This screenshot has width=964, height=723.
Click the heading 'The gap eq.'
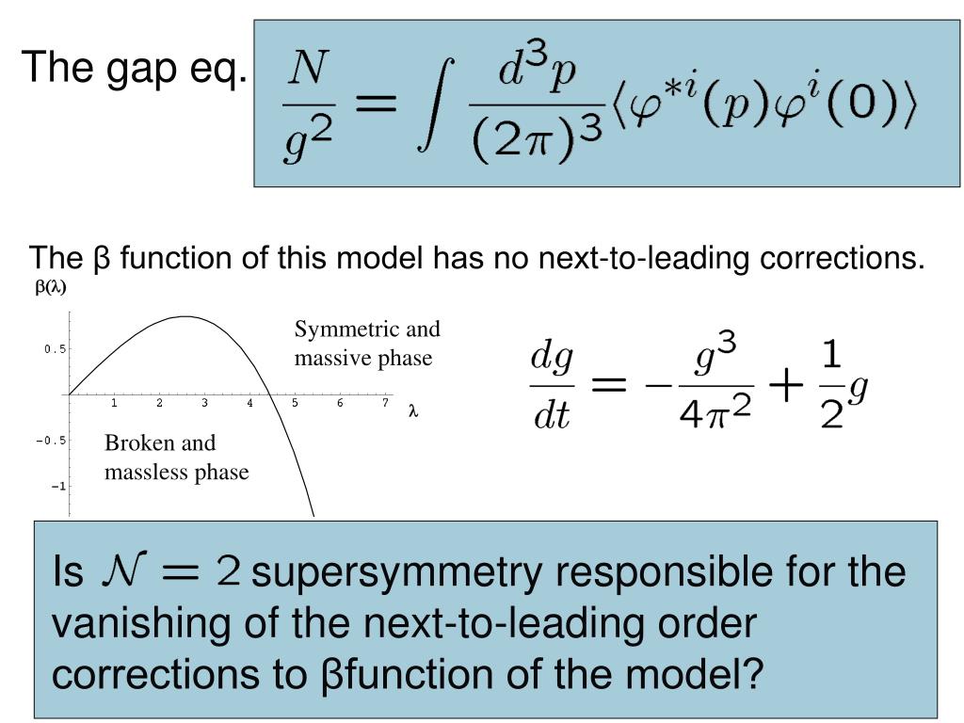pos(135,69)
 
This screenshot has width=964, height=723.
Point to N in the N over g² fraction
pos(308,69)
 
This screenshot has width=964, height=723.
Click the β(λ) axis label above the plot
pos(51,288)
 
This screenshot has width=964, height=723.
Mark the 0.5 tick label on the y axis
pos(55,349)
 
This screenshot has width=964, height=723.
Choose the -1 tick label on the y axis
pos(58,486)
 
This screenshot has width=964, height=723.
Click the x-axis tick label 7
pos(385,404)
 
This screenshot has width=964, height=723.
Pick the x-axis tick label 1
pos(114,404)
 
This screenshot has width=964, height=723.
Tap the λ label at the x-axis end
pos(412,411)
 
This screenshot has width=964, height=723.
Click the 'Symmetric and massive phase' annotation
pos(367,344)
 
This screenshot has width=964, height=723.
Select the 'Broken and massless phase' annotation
pos(176,458)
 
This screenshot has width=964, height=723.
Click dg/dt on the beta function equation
pos(552,386)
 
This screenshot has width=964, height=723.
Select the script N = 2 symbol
pos(170,570)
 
